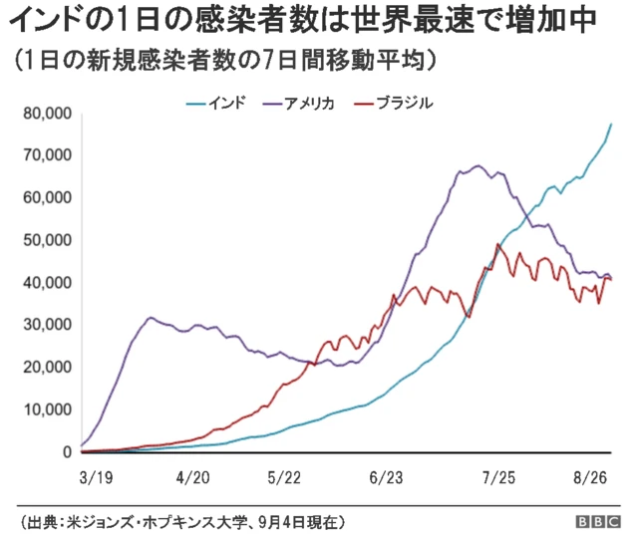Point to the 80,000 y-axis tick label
[47, 114]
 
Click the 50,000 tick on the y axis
[47, 240]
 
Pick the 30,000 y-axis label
[47, 325]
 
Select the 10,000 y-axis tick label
[47, 409]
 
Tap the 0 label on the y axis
[66, 452]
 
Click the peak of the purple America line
[478, 165]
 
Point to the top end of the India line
[611, 124]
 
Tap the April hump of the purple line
[151, 318]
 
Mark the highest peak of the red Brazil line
[497, 244]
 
